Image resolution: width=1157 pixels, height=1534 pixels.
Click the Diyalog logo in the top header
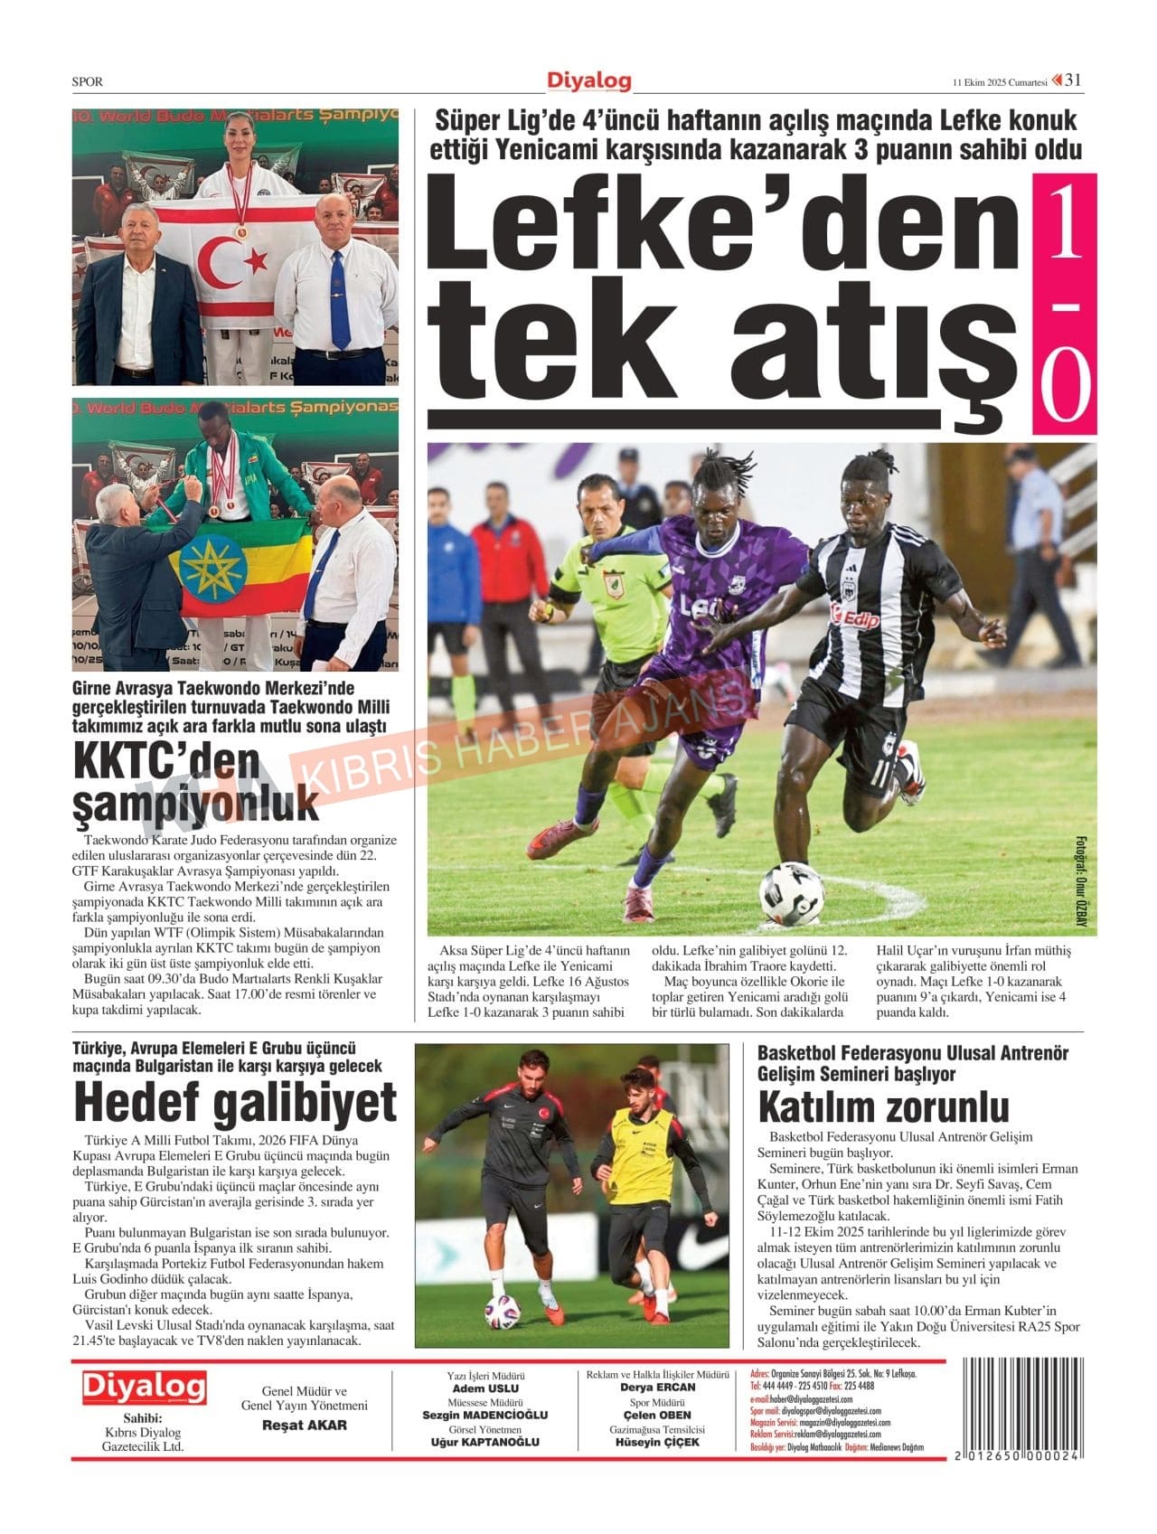coord(588,81)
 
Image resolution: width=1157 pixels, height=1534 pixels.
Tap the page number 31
coord(1073,80)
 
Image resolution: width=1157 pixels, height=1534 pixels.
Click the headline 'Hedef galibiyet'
coord(235,1103)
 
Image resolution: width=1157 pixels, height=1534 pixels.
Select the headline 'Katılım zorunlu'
coord(883,1106)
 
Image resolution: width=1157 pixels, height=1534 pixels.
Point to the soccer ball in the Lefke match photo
coord(792,892)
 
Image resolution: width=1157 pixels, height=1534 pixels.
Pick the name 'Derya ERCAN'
coord(657,1388)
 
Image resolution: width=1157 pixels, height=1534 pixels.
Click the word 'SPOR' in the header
coord(87,81)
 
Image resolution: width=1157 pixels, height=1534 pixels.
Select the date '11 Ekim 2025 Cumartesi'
coord(999,82)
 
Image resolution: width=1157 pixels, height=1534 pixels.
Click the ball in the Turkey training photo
coord(502,1312)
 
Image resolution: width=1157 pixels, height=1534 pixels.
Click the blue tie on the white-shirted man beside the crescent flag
coord(338,298)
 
